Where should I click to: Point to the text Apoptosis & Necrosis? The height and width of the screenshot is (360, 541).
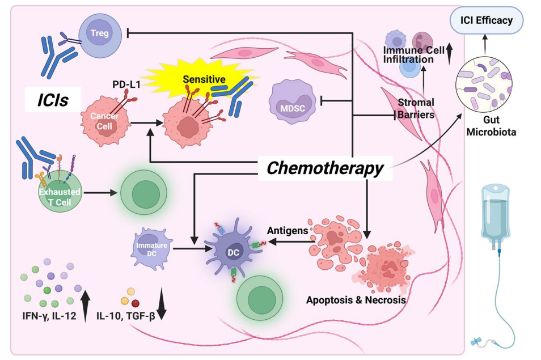click(356, 300)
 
